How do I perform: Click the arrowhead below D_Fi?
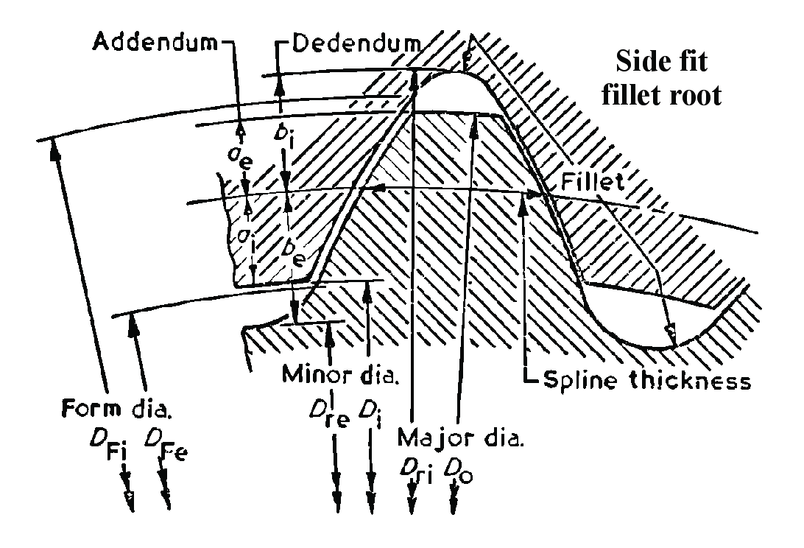pos(130,501)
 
